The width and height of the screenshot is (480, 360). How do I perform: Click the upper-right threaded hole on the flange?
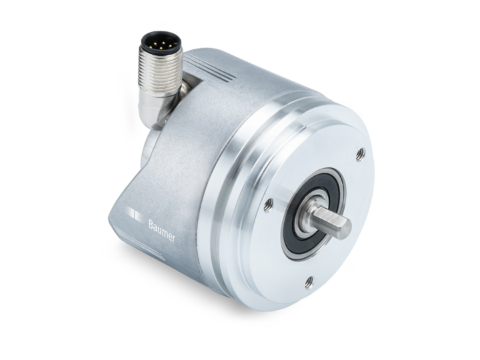[x=361, y=154]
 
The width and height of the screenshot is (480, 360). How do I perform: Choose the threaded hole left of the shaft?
[x=269, y=204]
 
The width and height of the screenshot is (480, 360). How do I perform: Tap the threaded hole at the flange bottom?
[x=309, y=282]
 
